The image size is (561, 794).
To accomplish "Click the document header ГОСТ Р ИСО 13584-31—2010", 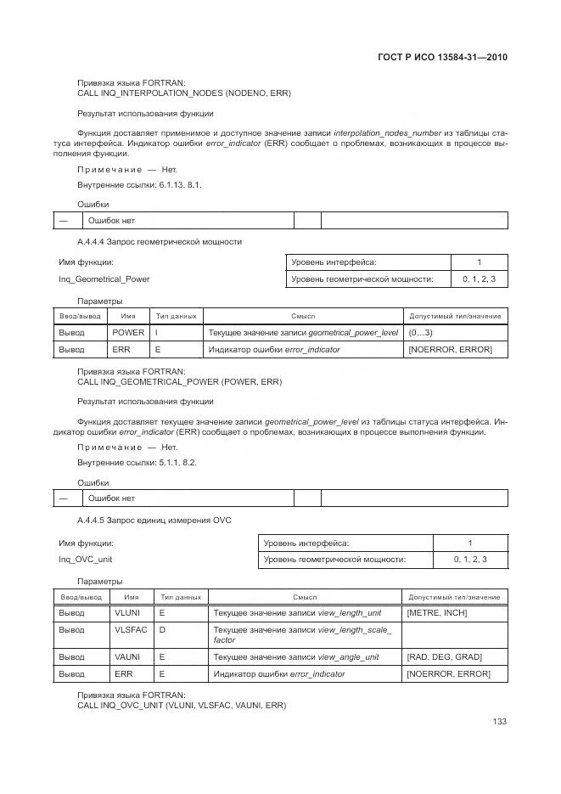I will (x=442, y=58).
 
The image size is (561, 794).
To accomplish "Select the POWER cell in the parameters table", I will (x=128, y=332).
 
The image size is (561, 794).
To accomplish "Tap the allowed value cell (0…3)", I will (x=421, y=332).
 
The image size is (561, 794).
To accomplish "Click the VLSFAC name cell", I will (x=131, y=630).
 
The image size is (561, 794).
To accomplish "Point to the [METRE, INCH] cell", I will (x=437, y=613).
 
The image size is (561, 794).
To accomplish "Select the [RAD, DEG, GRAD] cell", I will (x=445, y=656).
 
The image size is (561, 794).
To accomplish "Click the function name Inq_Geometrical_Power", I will (x=104, y=278).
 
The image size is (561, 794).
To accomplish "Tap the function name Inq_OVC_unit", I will (x=85, y=559).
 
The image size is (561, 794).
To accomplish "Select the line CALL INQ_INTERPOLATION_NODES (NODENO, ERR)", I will (x=183, y=93).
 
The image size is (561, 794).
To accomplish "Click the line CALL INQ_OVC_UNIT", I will (x=182, y=705).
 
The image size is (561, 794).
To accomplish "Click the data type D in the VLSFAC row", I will (x=162, y=630).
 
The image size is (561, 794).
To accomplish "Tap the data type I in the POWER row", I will (x=157, y=332).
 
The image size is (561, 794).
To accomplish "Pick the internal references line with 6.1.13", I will (x=139, y=184).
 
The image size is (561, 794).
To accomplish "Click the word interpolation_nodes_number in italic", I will (x=387, y=132).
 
